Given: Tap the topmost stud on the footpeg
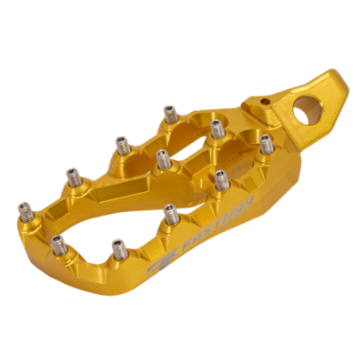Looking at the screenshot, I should point(169,113).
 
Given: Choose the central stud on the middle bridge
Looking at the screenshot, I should point(162,158).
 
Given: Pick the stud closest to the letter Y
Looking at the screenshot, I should point(219,178).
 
